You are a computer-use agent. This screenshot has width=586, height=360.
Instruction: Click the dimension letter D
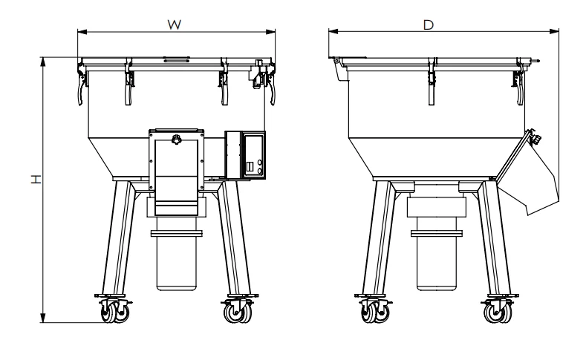click(x=428, y=24)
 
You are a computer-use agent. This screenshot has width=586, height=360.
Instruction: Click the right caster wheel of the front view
click(x=237, y=314)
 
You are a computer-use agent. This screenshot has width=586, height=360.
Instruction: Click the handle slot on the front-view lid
click(x=176, y=58)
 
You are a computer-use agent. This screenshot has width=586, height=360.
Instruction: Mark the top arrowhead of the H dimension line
click(x=43, y=59)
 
